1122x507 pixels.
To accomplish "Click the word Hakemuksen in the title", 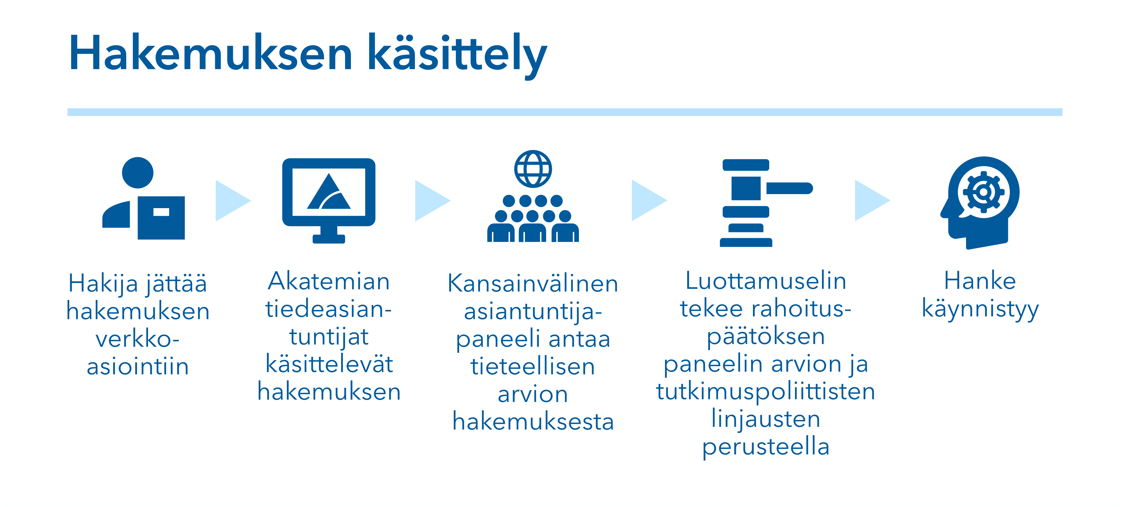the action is [x=210, y=52].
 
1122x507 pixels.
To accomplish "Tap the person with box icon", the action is [x=144, y=198].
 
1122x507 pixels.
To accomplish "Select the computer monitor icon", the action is [x=329, y=200].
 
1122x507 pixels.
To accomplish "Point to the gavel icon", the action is [x=766, y=203].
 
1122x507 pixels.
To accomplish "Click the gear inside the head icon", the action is [x=983, y=192].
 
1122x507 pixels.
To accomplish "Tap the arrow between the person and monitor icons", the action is [x=233, y=201].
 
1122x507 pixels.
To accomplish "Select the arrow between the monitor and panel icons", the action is [x=432, y=201].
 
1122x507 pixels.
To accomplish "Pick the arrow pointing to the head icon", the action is [x=872, y=200].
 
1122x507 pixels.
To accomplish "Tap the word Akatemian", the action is [x=329, y=281].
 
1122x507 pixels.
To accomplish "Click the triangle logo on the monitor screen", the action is [x=329, y=192].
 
